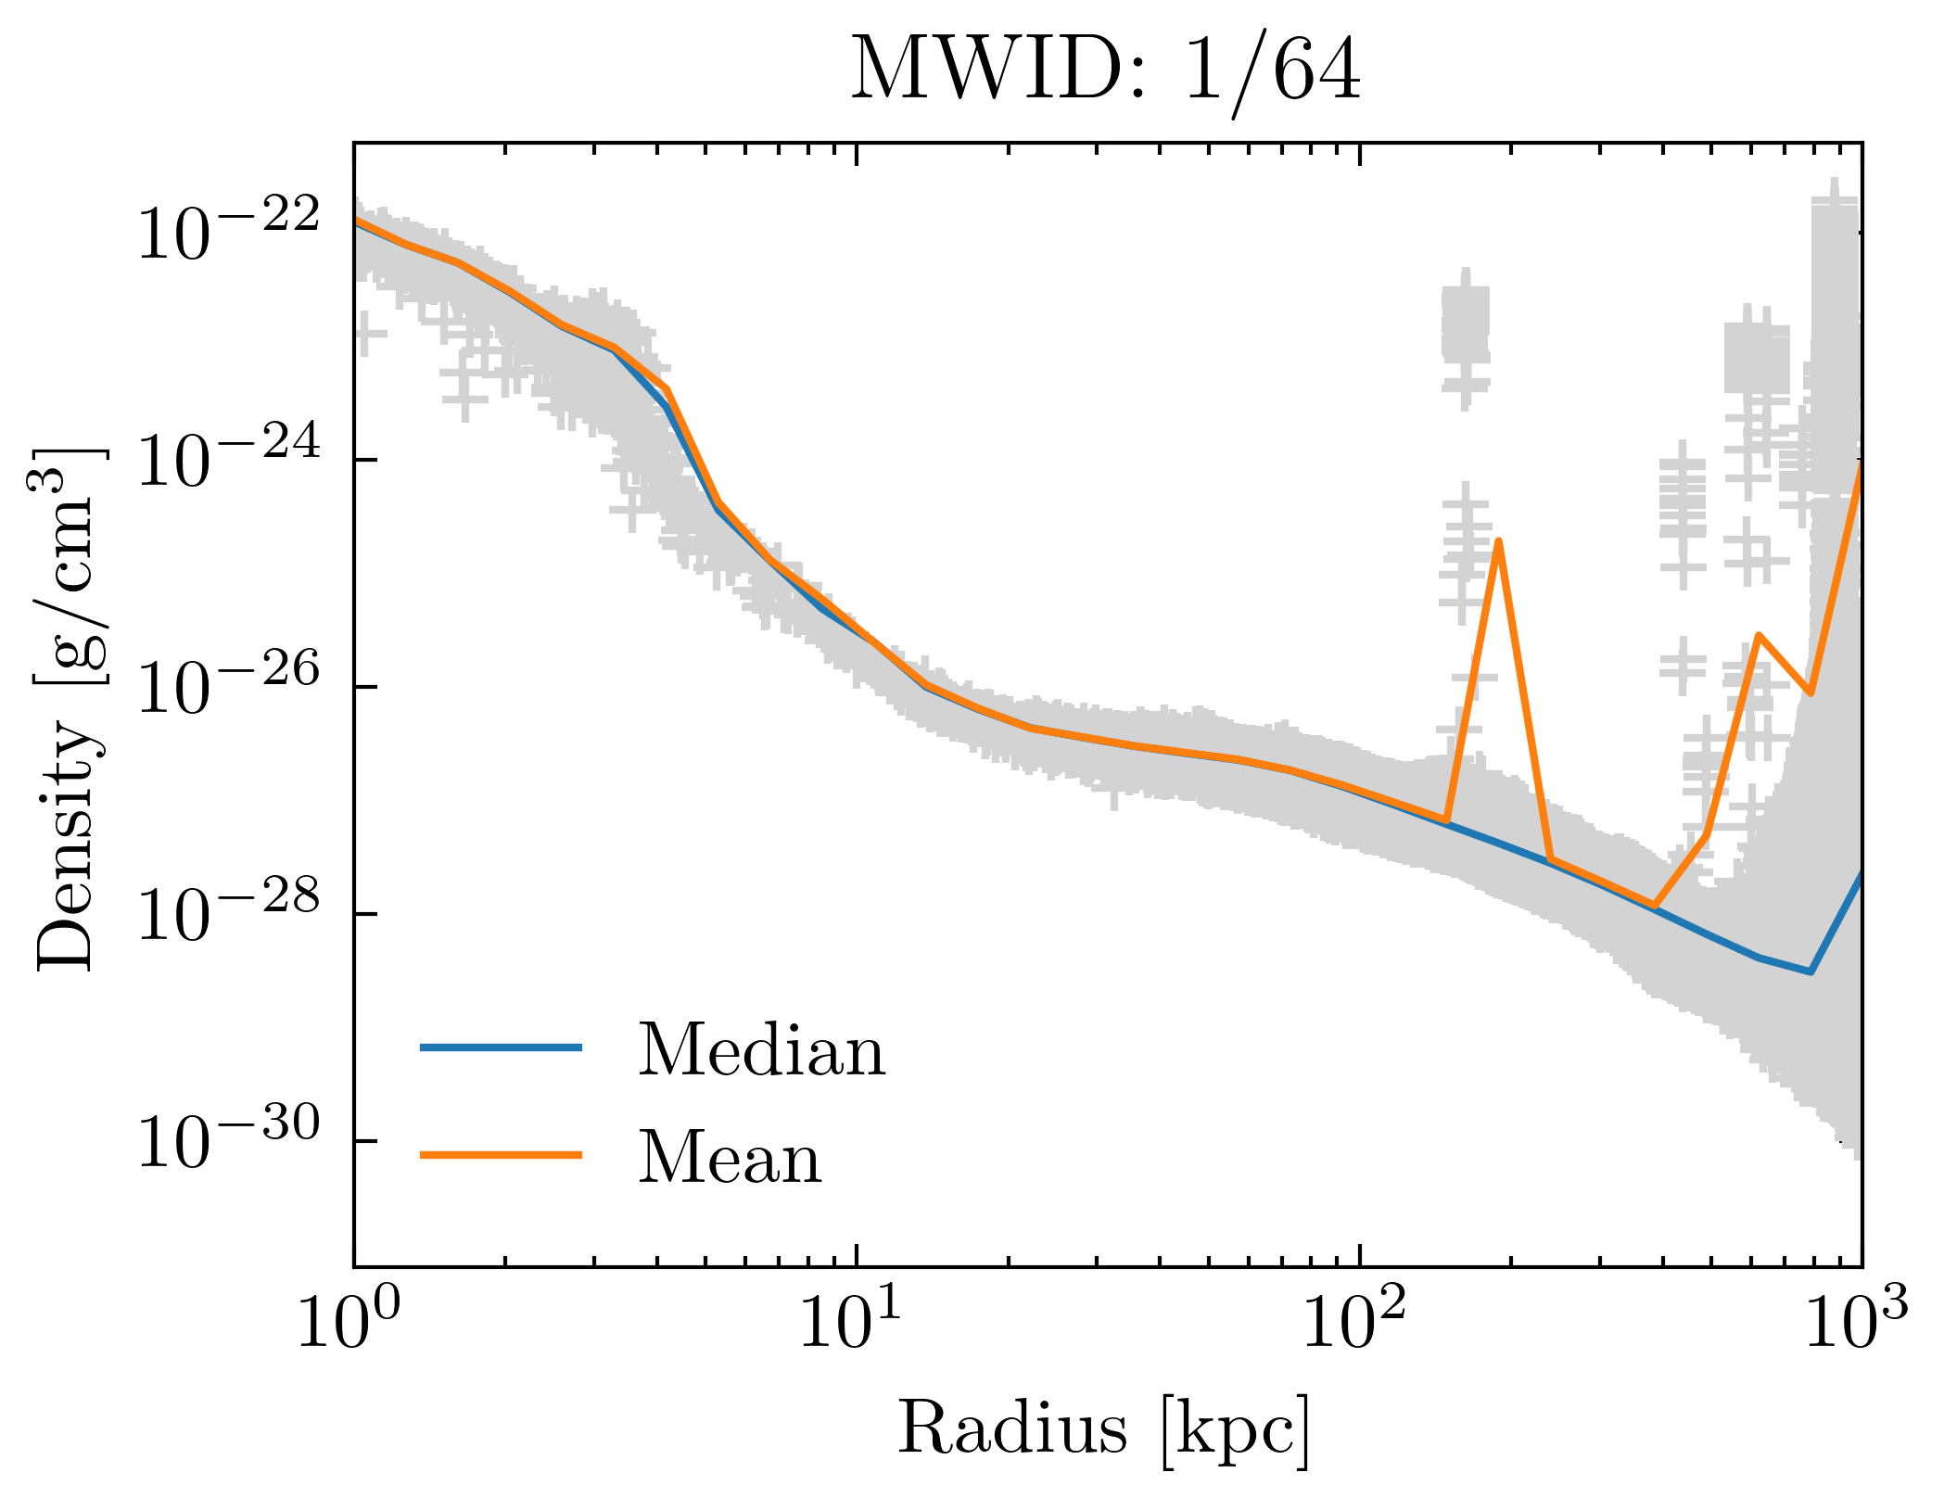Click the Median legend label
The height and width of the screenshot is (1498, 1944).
click(761, 1051)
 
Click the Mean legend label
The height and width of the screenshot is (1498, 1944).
click(730, 1159)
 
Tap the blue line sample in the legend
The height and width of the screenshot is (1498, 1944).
click(501, 1047)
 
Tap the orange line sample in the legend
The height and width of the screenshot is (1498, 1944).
click(501, 1155)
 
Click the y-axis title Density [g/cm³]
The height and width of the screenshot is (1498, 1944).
click(70, 708)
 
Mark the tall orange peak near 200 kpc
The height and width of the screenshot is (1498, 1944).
click(1498, 541)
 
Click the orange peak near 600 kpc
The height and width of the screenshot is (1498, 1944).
click(1759, 636)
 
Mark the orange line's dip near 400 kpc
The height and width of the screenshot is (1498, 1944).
click(1655, 906)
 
